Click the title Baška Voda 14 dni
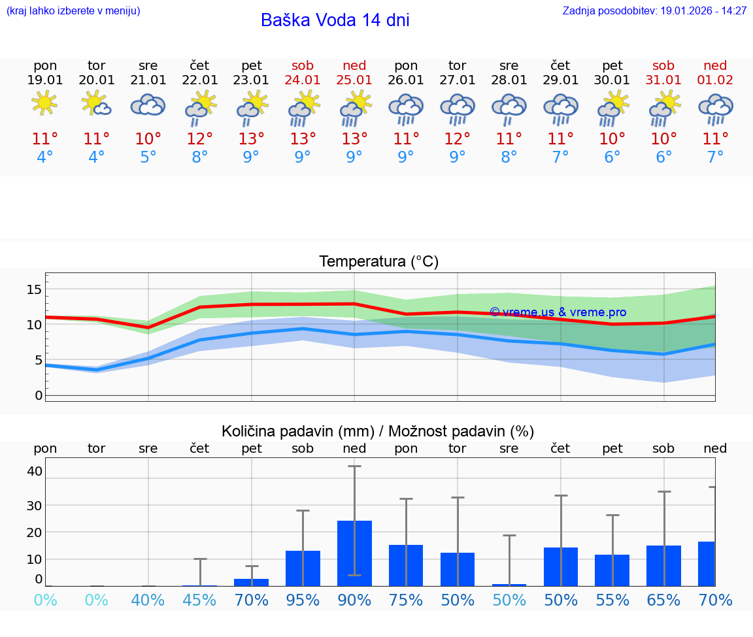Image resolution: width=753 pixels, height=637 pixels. tap(335, 20)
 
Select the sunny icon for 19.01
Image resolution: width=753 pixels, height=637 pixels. tap(44, 104)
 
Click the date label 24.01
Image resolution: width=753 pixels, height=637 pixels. tap(303, 80)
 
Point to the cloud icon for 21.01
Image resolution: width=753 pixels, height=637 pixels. tap(148, 105)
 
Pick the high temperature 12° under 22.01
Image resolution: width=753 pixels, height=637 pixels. tap(199, 139)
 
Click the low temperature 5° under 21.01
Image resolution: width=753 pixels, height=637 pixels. tap(148, 157)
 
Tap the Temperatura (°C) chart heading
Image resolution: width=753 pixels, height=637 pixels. tap(378, 261)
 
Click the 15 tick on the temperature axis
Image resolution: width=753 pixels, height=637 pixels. tap(34, 289)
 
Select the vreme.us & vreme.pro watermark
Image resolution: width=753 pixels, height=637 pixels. tap(558, 312)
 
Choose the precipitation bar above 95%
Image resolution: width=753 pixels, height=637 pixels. tap(303, 568)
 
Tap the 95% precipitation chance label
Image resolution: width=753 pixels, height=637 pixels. tap(303, 600)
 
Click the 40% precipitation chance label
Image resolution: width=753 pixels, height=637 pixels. tap(148, 600)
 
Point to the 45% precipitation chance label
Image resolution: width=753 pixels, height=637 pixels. tap(199, 600)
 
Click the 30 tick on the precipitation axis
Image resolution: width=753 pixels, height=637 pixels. tap(34, 505)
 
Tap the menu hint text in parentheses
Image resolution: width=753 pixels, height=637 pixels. tap(73, 10)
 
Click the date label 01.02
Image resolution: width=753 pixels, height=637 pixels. tap(715, 80)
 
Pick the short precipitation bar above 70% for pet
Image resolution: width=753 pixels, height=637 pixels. tap(252, 582)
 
